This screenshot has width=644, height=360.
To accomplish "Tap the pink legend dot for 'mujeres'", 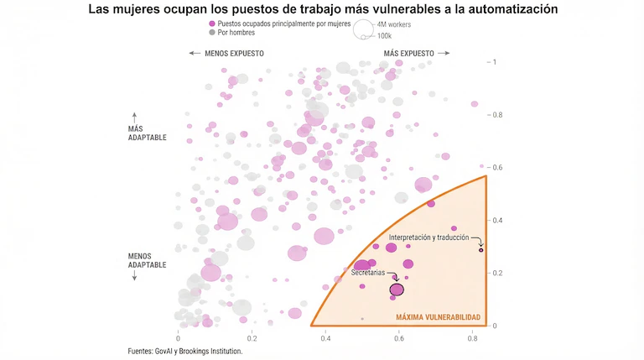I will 212,24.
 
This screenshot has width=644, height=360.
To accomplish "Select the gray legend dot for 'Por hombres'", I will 212,33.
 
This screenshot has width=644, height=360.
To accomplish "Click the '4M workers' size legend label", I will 394,25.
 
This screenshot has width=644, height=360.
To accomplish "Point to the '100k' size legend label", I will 385,36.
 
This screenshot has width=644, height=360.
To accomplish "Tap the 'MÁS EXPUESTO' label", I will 408,53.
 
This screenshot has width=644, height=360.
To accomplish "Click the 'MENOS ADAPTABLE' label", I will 147,260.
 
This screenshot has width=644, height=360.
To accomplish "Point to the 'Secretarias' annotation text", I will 367,273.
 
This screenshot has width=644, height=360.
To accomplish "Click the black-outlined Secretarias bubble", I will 397,290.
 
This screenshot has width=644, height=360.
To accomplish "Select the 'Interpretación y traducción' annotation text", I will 429,238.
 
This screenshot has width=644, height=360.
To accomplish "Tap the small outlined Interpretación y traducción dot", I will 481,250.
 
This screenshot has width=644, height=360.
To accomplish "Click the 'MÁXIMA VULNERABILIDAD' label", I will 439,317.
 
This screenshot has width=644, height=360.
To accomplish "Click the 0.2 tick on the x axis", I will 252,337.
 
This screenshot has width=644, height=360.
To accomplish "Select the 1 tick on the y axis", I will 495,62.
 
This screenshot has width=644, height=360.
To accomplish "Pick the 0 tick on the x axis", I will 179,337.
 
